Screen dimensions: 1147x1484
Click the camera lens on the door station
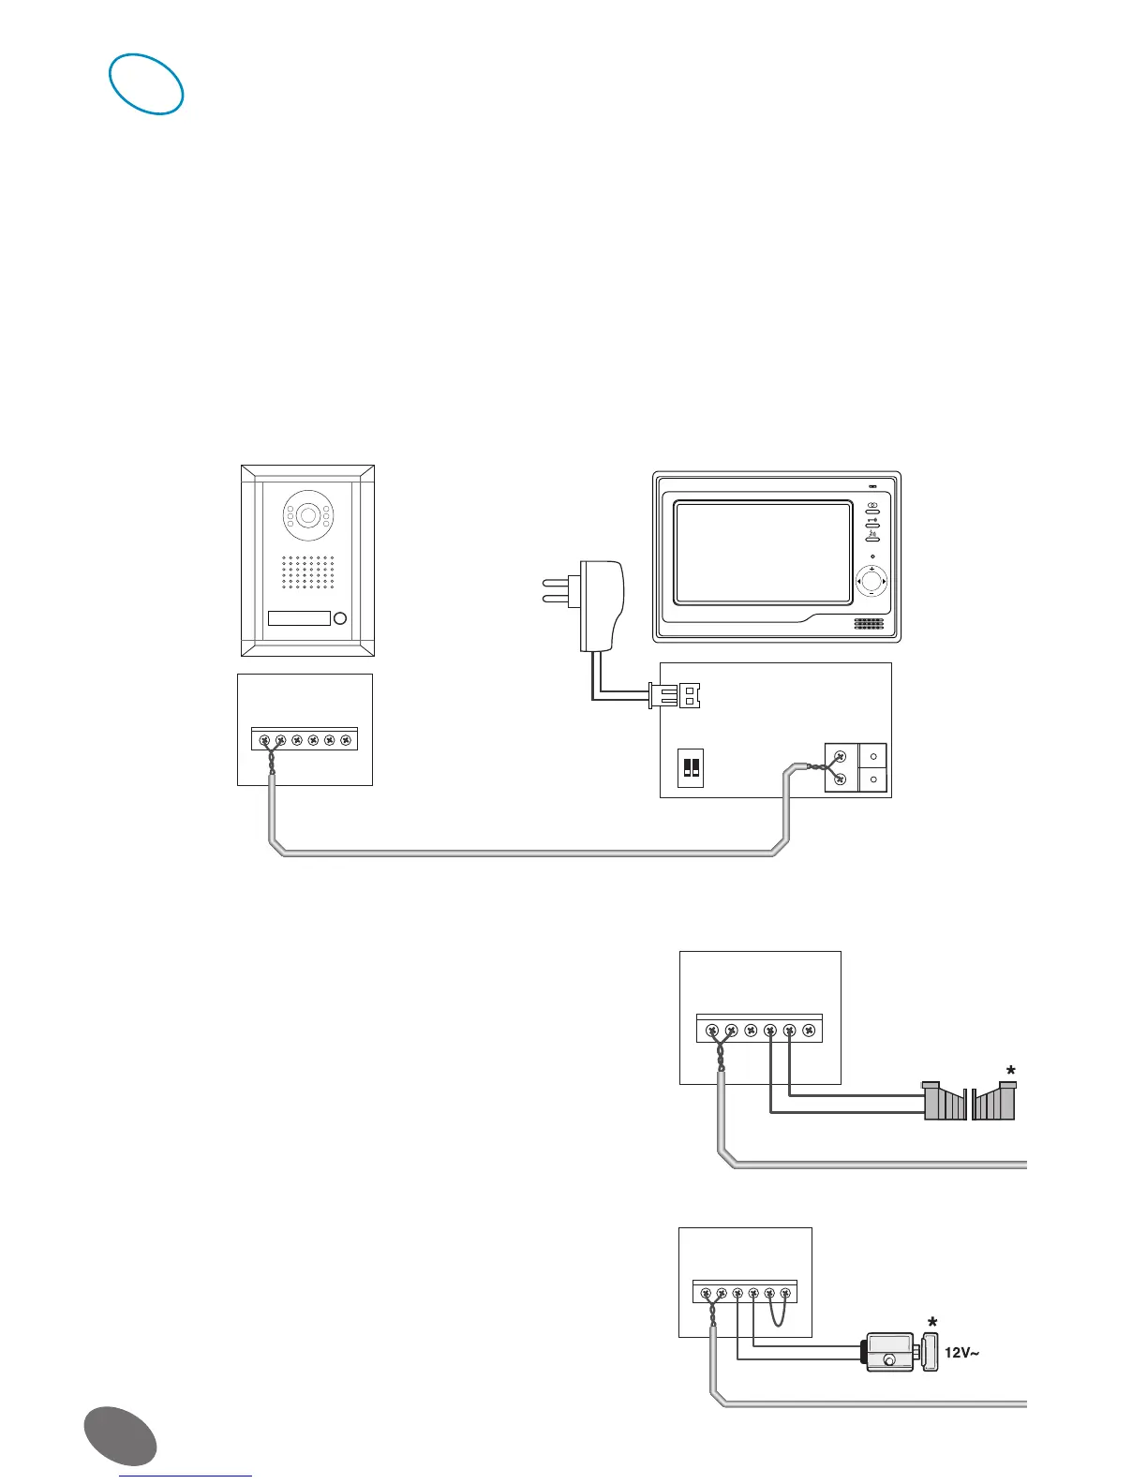click(307, 516)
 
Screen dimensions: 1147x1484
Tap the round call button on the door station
click(340, 618)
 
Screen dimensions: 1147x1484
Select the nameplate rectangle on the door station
click(299, 618)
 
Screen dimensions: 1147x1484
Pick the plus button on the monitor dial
click(871, 570)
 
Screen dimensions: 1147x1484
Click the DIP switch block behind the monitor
click(691, 767)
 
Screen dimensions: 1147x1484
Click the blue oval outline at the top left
click(146, 84)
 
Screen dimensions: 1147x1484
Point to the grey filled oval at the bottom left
click(120, 1432)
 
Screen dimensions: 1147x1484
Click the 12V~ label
click(961, 1353)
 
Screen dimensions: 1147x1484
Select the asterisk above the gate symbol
click(1010, 1071)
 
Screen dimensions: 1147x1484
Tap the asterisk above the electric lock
click(931, 1323)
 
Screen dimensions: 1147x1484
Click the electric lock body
click(891, 1353)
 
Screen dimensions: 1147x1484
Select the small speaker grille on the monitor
click(869, 623)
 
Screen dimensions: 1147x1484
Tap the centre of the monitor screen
click(763, 553)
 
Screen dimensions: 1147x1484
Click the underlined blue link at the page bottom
click(186, 1476)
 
